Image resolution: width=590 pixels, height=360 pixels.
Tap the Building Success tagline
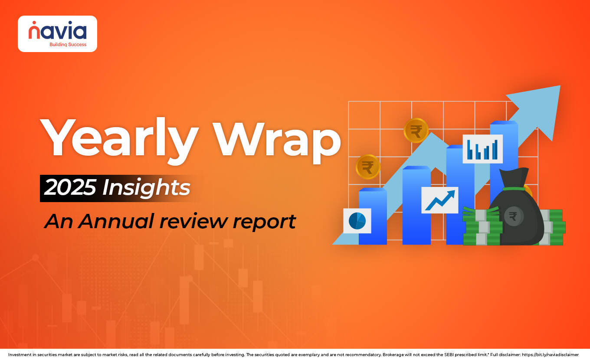(x=68, y=44)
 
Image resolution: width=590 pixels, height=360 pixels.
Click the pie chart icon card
(x=357, y=221)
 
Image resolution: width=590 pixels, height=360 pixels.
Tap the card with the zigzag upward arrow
(x=439, y=200)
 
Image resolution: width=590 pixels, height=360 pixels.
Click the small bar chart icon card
(x=482, y=149)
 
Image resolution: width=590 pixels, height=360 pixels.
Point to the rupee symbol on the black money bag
(x=513, y=216)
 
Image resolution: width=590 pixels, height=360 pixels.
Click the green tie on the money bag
(x=515, y=189)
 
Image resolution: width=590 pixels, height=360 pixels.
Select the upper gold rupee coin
(x=416, y=131)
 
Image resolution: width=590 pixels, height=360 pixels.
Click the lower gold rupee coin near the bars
(x=367, y=167)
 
